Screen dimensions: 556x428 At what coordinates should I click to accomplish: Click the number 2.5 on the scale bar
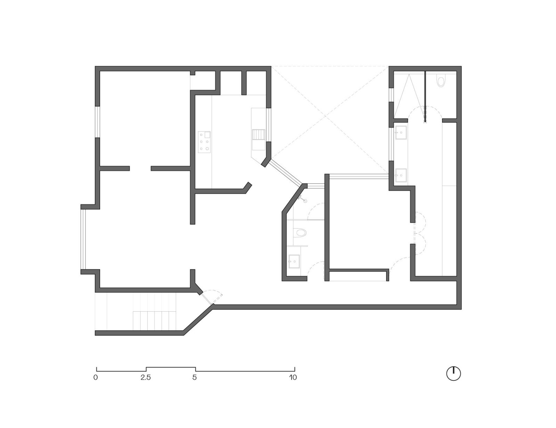point(146,377)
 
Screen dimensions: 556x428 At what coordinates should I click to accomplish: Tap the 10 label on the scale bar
point(293,377)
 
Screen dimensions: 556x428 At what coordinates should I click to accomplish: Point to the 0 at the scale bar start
point(96,377)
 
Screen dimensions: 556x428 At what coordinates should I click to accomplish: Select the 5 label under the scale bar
point(195,377)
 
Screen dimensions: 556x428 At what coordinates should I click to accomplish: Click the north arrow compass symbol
point(453,374)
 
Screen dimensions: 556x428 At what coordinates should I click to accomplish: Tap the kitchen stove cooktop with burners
point(204,142)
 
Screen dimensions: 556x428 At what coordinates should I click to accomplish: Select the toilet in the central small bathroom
point(300,232)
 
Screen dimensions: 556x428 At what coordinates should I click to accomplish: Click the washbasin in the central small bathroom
point(294,261)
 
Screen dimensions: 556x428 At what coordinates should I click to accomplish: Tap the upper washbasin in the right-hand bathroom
point(401,132)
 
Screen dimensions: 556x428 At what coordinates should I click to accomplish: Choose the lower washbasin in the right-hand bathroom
point(401,175)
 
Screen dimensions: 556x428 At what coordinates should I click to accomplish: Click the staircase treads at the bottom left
point(154,321)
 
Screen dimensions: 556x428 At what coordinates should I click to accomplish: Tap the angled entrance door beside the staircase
point(206,299)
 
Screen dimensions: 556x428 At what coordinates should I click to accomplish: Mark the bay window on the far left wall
point(83,239)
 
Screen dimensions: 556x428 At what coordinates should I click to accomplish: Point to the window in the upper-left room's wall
point(98,122)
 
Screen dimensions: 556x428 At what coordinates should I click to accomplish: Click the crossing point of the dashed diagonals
point(326,116)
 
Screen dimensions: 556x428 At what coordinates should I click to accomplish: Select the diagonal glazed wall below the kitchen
point(286,173)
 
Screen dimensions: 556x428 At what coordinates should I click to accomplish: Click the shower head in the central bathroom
point(305,201)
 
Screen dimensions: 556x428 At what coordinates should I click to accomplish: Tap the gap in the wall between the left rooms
point(140,168)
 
